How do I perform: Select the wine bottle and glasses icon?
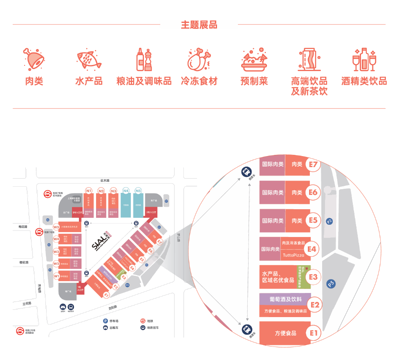(x=364, y=60)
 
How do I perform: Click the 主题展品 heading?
(x=199, y=25)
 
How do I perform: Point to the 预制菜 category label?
(x=254, y=81)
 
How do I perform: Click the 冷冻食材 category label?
(x=199, y=81)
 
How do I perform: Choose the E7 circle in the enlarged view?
(x=314, y=165)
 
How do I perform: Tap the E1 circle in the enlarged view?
(x=314, y=333)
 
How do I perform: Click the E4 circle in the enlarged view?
(x=312, y=248)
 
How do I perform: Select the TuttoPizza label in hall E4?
(x=294, y=255)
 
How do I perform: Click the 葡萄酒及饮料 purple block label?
(x=285, y=299)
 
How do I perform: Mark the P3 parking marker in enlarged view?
(x=331, y=284)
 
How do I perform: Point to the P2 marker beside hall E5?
(x=330, y=221)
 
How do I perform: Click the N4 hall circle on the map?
(x=126, y=190)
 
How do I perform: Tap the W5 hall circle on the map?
(x=56, y=227)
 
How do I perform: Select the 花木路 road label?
(x=105, y=180)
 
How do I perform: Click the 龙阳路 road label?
(x=113, y=307)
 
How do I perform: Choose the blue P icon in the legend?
(x=105, y=321)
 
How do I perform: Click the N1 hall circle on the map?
(x=89, y=190)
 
